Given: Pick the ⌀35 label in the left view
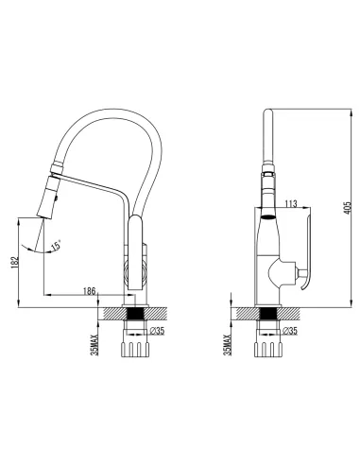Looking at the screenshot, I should pyautogui.click(x=156, y=332).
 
